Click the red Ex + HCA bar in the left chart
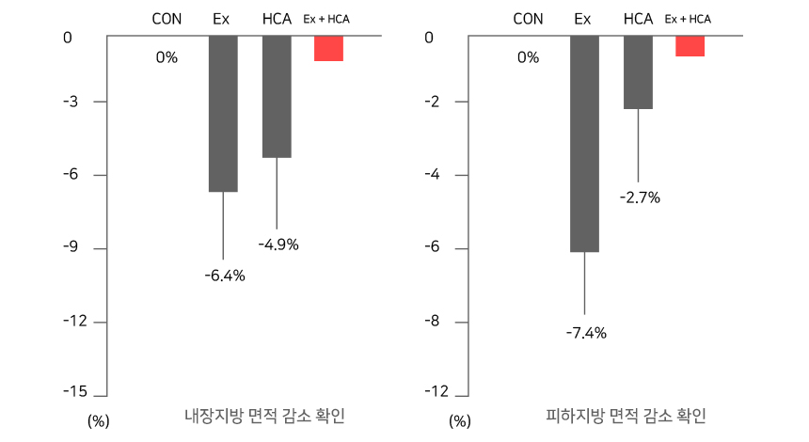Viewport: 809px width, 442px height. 328,49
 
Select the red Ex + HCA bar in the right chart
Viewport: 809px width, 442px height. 690,47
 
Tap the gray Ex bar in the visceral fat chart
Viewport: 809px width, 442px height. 223,114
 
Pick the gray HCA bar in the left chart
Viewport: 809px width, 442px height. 277,97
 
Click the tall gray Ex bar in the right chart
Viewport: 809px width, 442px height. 584,144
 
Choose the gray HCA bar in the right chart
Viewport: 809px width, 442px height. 638,73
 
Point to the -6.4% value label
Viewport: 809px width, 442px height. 224,276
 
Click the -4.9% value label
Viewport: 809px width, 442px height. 278,245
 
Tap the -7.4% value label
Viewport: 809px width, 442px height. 586,332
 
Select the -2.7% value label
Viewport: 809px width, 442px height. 640,197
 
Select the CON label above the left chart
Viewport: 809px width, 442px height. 167,19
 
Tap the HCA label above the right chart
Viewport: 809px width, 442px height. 638,19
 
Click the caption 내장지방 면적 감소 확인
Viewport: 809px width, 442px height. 264,416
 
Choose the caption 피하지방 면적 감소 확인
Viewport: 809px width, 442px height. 626,416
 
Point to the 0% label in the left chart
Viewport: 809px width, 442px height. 167,58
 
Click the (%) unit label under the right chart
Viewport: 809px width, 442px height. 459,421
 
